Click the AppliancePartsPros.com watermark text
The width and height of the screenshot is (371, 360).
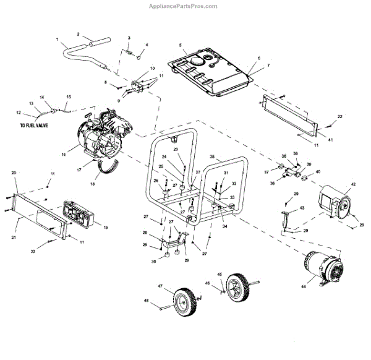click(x=184, y=6)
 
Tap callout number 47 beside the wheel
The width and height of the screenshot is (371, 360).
click(x=160, y=286)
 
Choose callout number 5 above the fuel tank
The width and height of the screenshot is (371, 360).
click(x=180, y=45)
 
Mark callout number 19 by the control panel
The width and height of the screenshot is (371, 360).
click(x=105, y=228)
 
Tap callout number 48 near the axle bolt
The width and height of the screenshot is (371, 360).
click(x=147, y=301)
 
